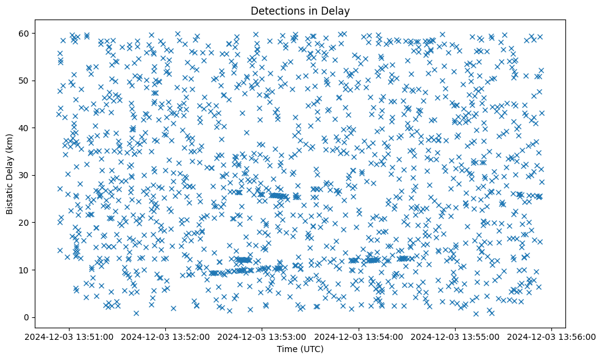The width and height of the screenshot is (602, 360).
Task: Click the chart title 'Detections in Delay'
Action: pos(301,10)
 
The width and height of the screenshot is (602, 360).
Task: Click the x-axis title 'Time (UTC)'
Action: pos(301,350)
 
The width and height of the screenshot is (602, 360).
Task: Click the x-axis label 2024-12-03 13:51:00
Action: pos(70,336)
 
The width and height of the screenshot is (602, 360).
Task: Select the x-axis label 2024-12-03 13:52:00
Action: pos(166,336)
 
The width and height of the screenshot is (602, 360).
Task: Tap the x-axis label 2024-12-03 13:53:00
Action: pos(263,336)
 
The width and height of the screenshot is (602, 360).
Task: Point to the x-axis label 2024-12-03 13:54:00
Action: pos(359,336)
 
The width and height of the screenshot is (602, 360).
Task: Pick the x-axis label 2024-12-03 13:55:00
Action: pos(456,336)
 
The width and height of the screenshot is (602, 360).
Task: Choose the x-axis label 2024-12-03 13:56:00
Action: pos(552,336)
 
